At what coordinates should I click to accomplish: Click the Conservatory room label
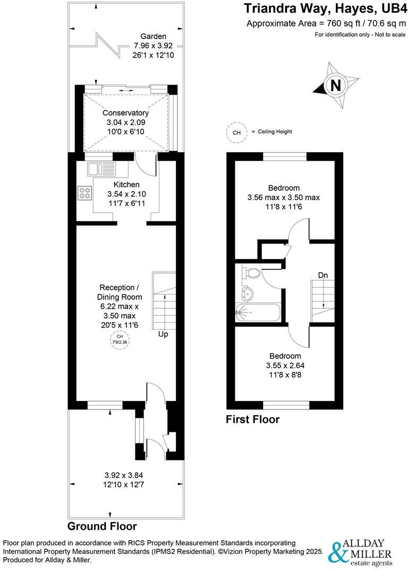126,113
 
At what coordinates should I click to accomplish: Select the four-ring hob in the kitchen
85,192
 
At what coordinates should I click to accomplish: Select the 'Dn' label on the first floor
322,275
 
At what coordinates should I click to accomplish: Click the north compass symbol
335,86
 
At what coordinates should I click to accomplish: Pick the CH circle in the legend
236,132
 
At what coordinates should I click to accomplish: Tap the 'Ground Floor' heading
102,526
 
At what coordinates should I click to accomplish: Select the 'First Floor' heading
253,420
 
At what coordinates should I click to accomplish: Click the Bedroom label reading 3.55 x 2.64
285,365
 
